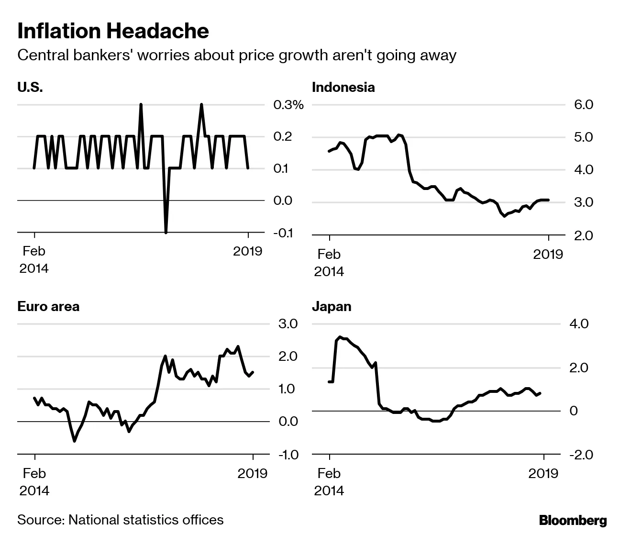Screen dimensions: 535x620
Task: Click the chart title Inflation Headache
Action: click(x=113, y=31)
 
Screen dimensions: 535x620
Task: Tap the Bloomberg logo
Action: click(x=573, y=521)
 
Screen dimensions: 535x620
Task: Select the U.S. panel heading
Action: click(x=30, y=88)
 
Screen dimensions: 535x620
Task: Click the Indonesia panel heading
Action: click(x=343, y=88)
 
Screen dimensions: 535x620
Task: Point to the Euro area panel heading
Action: click(x=48, y=306)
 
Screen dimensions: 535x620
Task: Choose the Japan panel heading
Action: click(x=332, y=306)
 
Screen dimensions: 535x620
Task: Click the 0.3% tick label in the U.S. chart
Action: click(x=288, y=105)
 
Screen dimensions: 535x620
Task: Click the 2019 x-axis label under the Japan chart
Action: click(x=543, y=473)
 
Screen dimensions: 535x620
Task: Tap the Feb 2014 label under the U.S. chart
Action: click(x=34, y=259)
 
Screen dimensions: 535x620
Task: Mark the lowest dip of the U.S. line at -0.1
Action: click(x=166, y=233)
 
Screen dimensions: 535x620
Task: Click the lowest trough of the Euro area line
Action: click(x=74, y=440)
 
